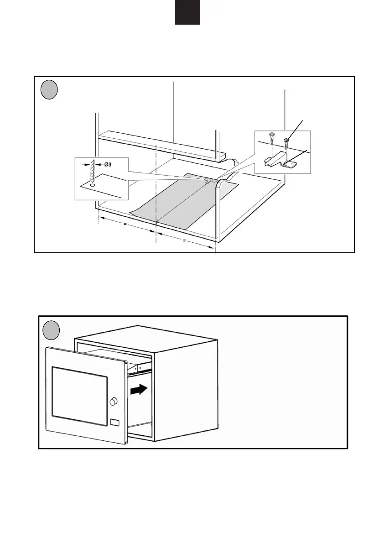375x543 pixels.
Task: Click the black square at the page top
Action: click(x=187, y=12)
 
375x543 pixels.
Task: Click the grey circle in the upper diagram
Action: click(x=49, y=90)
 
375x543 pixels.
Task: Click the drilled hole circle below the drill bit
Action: click(x=93, y=186)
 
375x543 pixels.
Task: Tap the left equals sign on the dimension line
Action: click(x=125, y=225)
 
